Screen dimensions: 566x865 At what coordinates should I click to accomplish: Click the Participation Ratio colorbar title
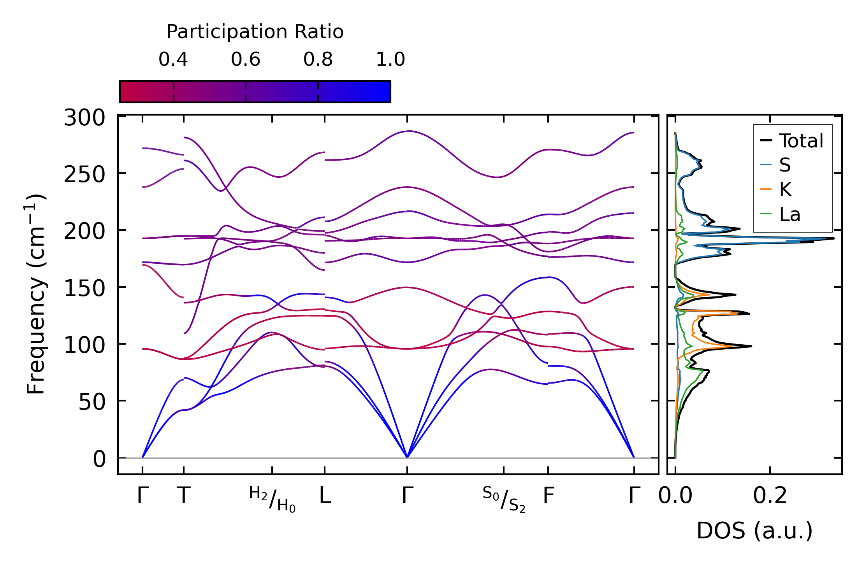(x=255, y=32)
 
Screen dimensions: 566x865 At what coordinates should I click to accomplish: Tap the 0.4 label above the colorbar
(x=173, y=60)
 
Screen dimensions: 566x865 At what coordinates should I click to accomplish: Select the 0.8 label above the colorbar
(x=318, y=60)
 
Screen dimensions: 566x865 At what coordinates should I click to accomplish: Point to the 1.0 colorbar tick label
(x=390, y=60)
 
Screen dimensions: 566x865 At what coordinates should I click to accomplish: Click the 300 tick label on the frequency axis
(x=84, y=117)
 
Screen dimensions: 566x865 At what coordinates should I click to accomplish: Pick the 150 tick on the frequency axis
(x=84, y=289)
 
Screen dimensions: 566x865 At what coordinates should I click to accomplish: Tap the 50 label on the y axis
(x=92, y=402)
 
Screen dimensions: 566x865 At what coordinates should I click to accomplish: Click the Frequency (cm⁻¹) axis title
(x=36, y=294)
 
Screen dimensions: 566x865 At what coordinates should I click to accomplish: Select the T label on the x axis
(x=184, y=496)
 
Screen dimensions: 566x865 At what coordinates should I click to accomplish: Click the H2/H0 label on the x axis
(x=273, y=499)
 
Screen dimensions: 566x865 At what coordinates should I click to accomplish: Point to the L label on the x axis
(x=325, y=496)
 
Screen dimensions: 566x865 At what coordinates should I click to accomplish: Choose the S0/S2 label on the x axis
(x=504, y=499)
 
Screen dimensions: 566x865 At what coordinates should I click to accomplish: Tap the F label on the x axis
(x=548, y=496)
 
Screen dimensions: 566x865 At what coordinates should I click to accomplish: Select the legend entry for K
(x=785, y=189)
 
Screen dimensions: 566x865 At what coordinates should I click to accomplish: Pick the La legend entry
(x=789, y=214)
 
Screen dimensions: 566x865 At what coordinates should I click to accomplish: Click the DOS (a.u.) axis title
(x=754, y=531)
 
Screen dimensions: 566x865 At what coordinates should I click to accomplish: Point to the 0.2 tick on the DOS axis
(x=770, y=496)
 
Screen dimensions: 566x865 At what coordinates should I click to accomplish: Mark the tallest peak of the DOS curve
(x=833, y=238)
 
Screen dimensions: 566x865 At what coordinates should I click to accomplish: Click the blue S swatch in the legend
(x=766, y=165)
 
